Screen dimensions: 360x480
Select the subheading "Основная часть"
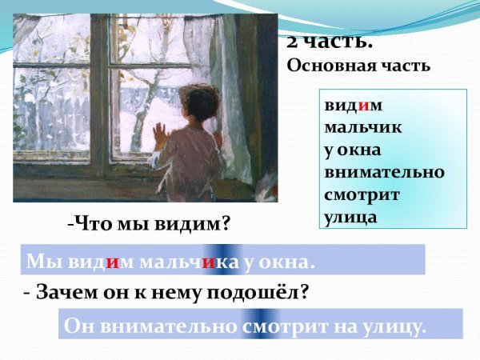tap(358, 66)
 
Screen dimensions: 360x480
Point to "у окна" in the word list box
tap(353, 150)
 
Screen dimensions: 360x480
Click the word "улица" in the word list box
tap(350, 215)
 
